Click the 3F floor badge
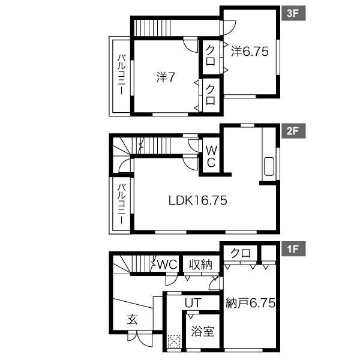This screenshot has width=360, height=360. click(x=293, y=13)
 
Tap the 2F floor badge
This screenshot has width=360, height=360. click(x=293, y=131)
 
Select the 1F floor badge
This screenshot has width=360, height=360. click(x=293, y=248)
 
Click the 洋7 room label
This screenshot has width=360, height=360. click(x=166, y=77)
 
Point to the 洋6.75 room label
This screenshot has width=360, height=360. click(x=250, y=51)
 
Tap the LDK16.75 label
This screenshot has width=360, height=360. click(x=198, y=200)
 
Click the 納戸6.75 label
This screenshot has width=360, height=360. click(x=250, y=303)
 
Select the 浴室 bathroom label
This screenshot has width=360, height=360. click(x=203, y=332)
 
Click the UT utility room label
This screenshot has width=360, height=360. click(x=193, y=303)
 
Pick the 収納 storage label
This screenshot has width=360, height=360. click(x=200, y=265)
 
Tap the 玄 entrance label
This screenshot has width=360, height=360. click(x=133, y=319)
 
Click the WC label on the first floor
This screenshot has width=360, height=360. click(x=167, y=265)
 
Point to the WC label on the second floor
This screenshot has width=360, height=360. click(x=211, y=157)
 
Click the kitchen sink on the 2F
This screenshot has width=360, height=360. click(x=269, y=166)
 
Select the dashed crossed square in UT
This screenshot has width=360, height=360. click(x=174, y=341)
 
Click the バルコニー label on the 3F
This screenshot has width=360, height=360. click(x=121, y=74)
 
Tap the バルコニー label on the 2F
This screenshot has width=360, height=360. click(x=121, y=203)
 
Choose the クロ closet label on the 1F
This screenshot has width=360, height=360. click(x=241, y=253)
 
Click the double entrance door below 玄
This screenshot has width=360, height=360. click(x=140, y=338)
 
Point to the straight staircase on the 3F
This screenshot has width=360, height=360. click(x=152, y=28)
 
